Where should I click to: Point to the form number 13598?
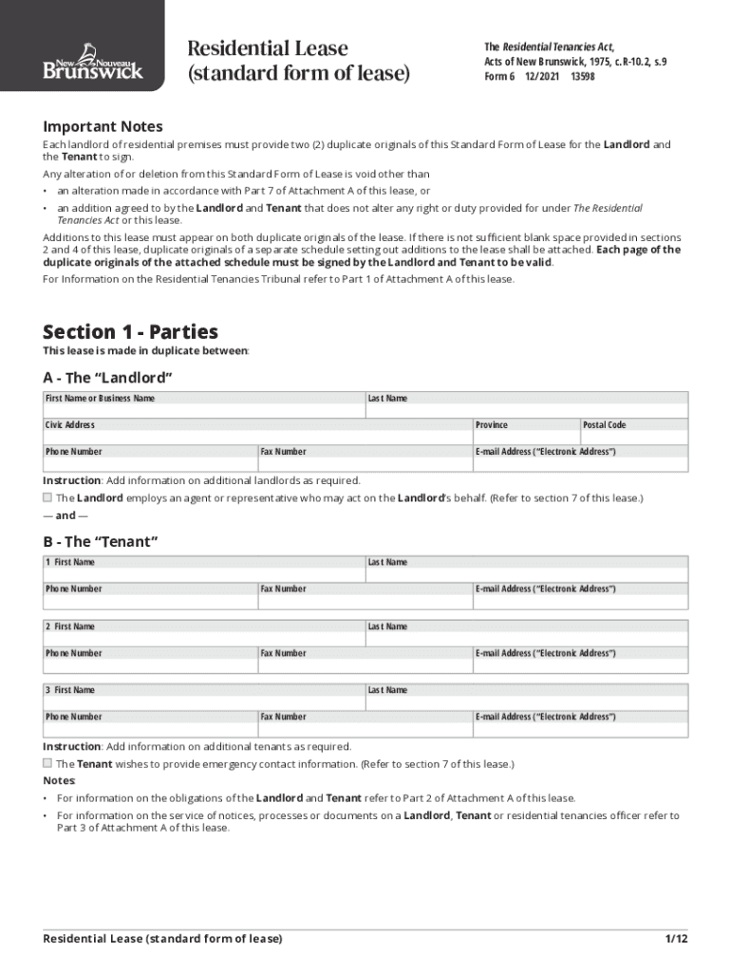tap(583, 77)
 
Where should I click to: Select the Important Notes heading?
tap(103, 126)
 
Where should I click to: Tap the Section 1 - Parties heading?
tap(130, 331)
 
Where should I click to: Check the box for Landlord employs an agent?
tap(47, 497)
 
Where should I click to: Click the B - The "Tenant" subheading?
tap(100, 541)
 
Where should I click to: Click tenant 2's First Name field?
tap(204, 633)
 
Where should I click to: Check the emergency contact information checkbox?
tap(47, 763)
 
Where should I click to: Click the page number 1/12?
tap(676, 939)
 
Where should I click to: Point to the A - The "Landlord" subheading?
tap(107, 378)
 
